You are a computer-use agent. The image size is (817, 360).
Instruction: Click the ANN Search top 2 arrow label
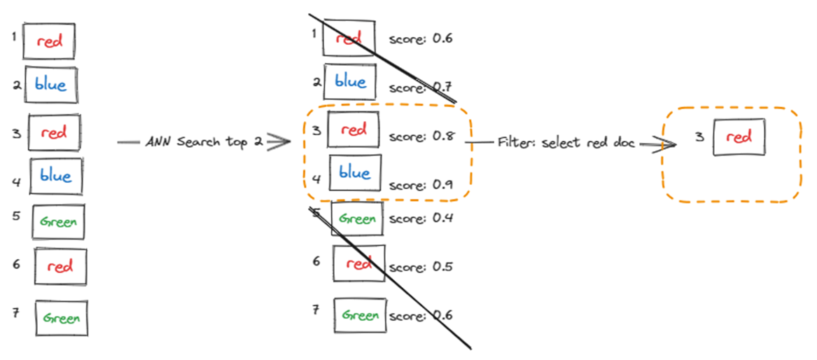204,142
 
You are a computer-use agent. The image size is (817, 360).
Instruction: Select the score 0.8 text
421,137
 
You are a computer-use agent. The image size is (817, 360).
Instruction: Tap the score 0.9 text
421,185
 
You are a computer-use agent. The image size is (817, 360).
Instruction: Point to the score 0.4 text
421,218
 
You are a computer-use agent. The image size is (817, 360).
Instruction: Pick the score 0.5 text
421,267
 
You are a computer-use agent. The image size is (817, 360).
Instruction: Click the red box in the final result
739,138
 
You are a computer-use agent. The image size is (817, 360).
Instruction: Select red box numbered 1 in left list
48,41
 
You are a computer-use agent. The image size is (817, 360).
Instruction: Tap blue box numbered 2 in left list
50,85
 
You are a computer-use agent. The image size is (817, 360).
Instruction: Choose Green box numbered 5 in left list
60,223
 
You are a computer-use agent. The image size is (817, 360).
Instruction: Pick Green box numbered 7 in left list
62,317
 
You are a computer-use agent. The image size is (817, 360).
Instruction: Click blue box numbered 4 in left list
56,176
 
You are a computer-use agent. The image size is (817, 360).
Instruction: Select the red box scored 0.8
354,130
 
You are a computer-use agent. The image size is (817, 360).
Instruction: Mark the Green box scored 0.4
357,219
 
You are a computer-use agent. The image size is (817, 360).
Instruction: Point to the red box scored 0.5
358,264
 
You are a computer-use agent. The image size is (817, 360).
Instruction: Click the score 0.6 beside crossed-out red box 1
421,38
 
